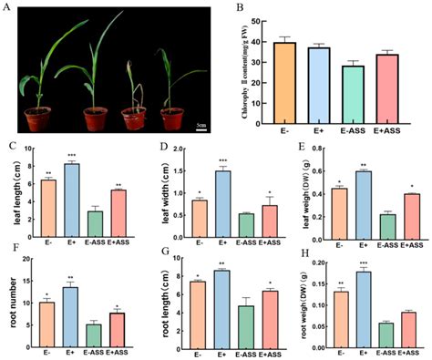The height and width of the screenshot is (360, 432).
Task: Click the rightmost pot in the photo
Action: point(170,119)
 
